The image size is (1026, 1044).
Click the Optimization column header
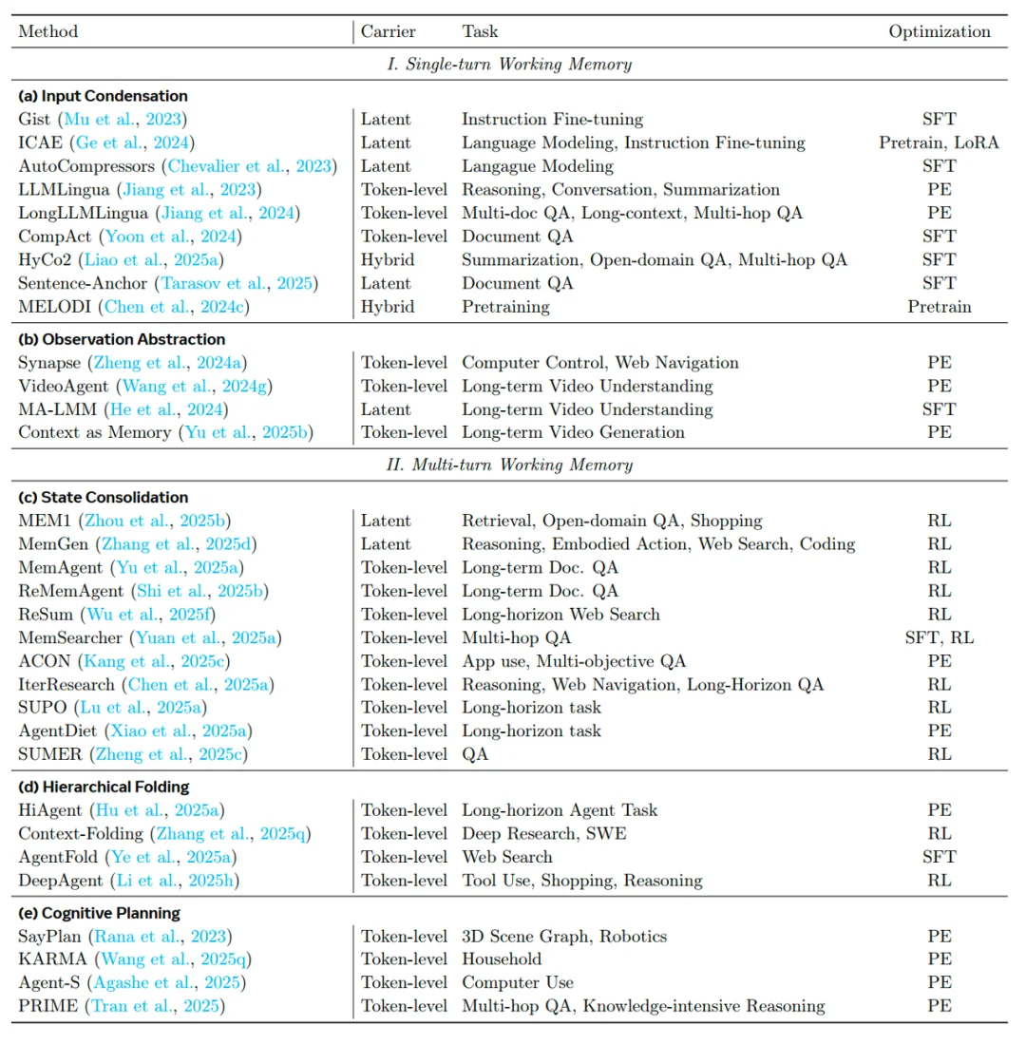(940, 31)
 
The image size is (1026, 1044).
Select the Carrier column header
(388, 31)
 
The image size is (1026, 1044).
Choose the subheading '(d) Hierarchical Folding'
(104, 787)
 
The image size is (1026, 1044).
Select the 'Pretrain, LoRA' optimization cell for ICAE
(940, 142)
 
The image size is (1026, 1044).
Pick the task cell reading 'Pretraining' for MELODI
(505, 306)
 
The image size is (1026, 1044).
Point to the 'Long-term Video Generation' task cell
(573, 432)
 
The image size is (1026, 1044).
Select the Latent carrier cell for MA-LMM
(386, 409)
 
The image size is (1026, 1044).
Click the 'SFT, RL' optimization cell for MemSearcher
(940, 637)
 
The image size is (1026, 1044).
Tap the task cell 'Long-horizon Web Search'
(560, 614)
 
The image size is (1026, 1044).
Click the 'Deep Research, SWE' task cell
(543, 833)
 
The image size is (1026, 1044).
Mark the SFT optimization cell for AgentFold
(940, 857)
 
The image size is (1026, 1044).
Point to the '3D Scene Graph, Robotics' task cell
(564, 936)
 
